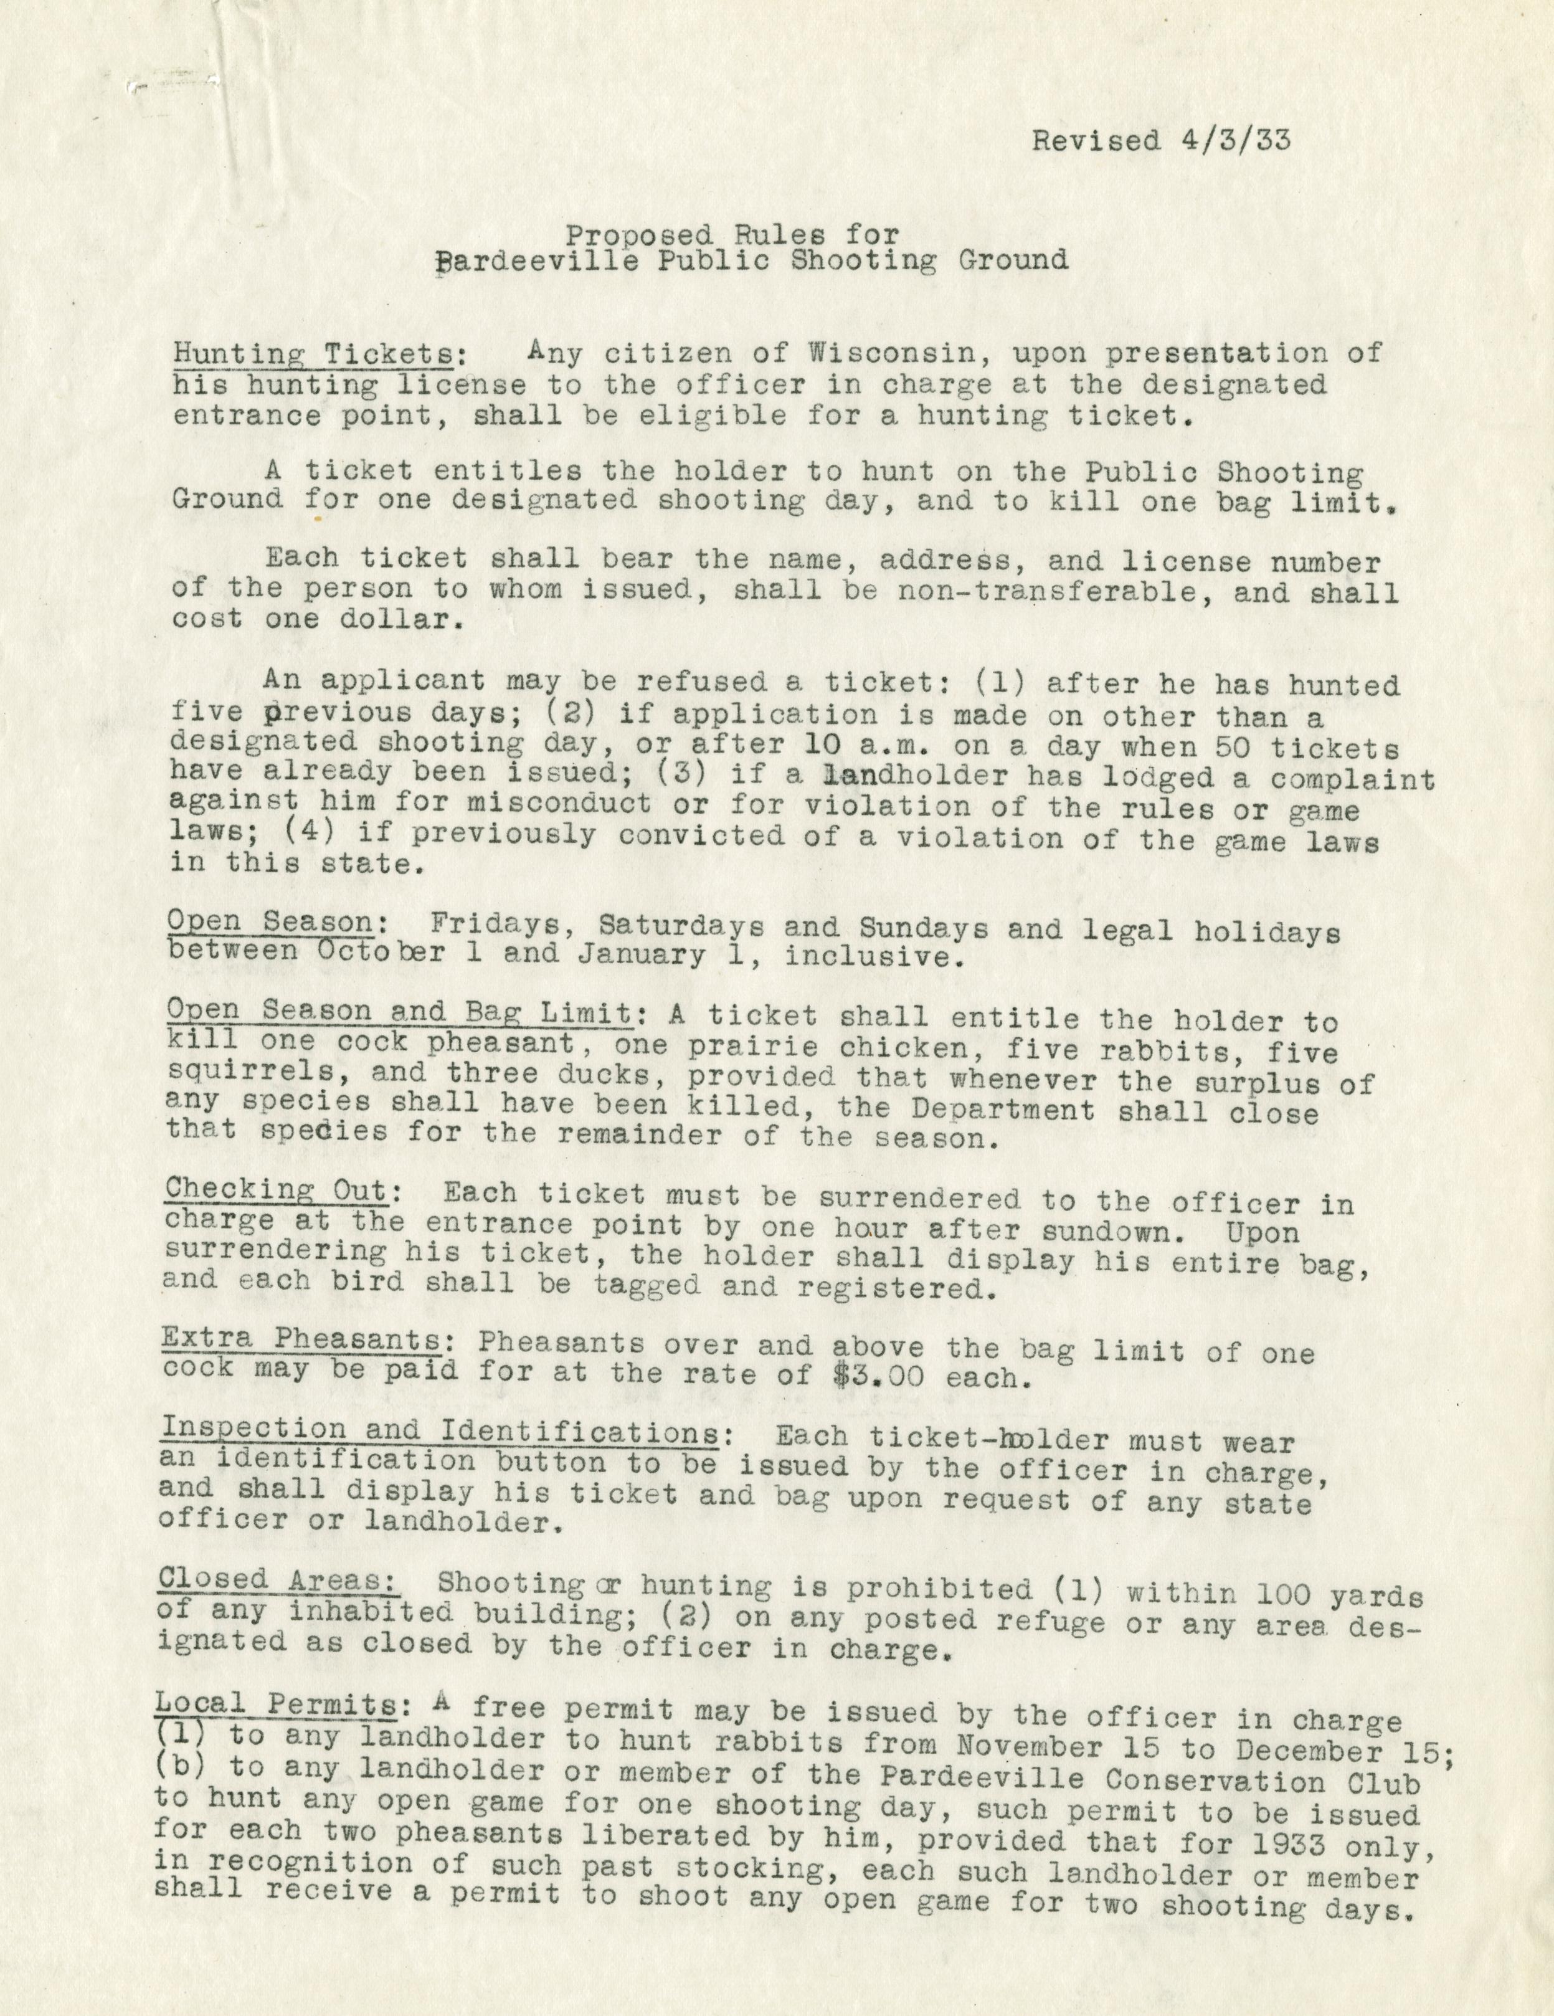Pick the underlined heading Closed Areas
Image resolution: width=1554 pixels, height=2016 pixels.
[x=278, y=1579]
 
